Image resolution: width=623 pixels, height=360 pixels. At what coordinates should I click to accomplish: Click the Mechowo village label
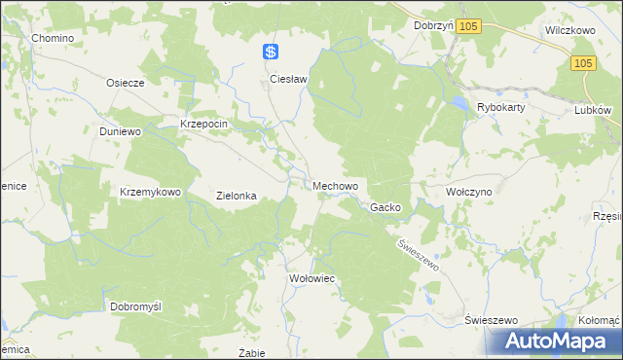pyautogui.click(x=336, y=185)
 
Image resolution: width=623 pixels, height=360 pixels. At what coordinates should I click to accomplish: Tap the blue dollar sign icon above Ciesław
pyautogui.click(x=272, y=53)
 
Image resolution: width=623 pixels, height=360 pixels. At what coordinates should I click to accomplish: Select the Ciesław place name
pyautogui.click(x=288, y=79)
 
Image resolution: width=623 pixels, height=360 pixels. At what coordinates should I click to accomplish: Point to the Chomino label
pyautogui.click(x=53, y=38)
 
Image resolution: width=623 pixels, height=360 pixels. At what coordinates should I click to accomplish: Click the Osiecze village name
pyautogui.click(x=125, y=83)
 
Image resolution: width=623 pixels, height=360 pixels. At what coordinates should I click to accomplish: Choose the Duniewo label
pyautogui.click(x=121, y=130)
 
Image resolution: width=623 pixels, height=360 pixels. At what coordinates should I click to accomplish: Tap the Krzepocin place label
pyautogui.click(x=203, y=125)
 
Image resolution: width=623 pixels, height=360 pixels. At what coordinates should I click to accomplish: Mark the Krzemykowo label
pyautogui.click(x=150, y=192)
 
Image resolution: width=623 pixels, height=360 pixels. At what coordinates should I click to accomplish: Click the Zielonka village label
pyautogui.click(x=236, y=196)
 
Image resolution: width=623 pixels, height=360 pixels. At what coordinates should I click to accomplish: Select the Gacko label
pyautogui.click(x=385, y=207)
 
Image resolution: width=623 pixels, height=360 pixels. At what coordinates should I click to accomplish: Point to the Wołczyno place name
pyautogui.click(x=468, y=193)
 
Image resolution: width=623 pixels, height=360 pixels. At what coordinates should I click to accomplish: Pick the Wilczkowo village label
pyautogui.click(x=569, y=30)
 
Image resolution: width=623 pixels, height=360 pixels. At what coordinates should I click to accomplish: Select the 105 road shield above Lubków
pyautogui.click(x=582, y=63)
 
